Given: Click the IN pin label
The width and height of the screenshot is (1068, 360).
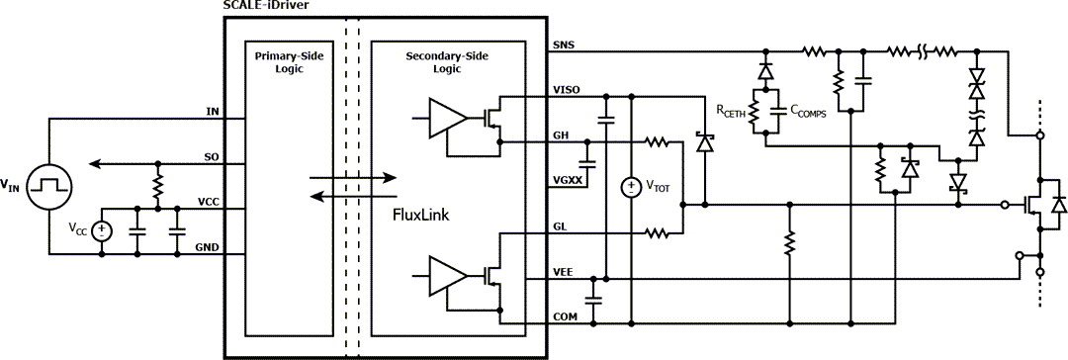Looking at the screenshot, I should pos(212,110).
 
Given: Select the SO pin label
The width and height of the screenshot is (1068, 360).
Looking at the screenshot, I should pos(211,156).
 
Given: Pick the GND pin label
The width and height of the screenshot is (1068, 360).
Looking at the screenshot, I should pos(207,246).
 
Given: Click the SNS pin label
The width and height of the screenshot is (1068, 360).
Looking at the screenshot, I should pos(562,45).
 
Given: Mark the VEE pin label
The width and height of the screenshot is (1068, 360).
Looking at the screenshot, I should pos(562,270).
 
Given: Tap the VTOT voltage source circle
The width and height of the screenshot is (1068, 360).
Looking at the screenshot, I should pos(629,186).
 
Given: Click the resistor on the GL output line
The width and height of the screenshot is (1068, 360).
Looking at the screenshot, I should pos(658,233).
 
